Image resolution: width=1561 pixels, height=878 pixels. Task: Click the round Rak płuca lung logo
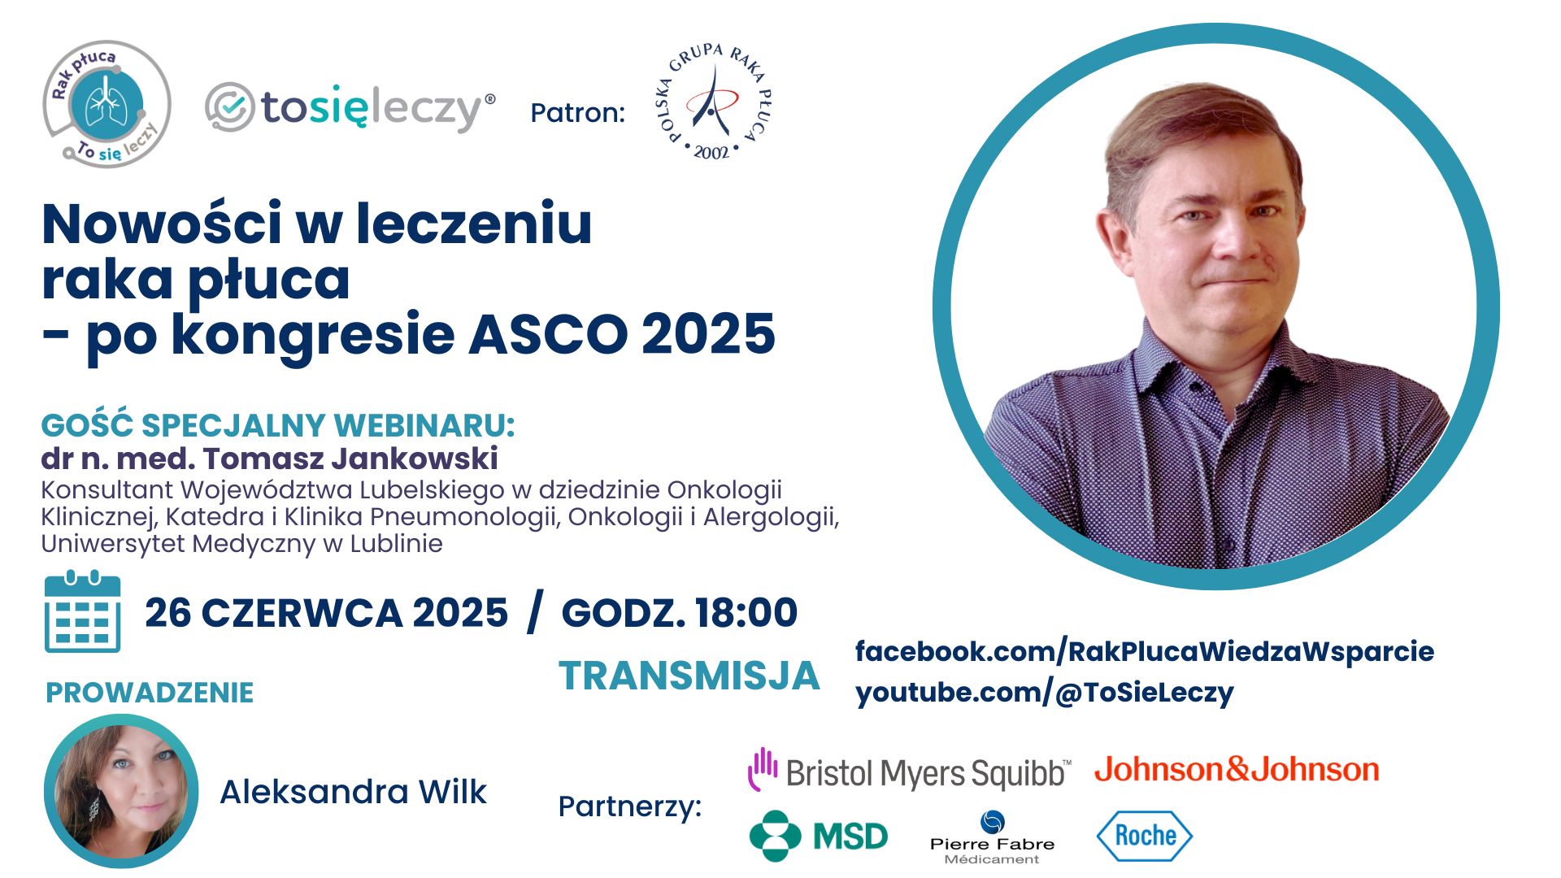(x=107, y=104)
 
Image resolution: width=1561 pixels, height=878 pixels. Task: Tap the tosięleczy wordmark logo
(x=350, y=108)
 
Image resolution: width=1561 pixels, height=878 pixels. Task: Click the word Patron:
(x=577, y=112)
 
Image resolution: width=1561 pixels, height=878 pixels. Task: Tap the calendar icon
(x=82, y=611)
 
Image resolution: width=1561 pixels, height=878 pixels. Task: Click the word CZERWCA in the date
(x=302, y=613)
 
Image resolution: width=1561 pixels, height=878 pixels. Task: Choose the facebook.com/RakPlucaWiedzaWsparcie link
(x=1145, y=652)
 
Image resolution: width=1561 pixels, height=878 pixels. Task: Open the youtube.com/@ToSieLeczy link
(x=1045, y=693)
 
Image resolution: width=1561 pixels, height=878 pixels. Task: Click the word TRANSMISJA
(x=689, y=676)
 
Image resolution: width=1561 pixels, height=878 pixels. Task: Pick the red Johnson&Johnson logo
(x=1237, y=769)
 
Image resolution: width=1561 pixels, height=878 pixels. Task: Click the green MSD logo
(x=819, y=836)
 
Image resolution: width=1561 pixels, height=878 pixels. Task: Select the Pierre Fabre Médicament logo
(x=992, y=837)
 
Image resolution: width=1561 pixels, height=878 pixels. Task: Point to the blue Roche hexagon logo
(x=1145, y=836)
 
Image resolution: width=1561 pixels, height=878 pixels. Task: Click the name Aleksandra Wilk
(x=353, y=792)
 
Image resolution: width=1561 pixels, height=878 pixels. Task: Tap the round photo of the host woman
(x=121, y=792)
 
